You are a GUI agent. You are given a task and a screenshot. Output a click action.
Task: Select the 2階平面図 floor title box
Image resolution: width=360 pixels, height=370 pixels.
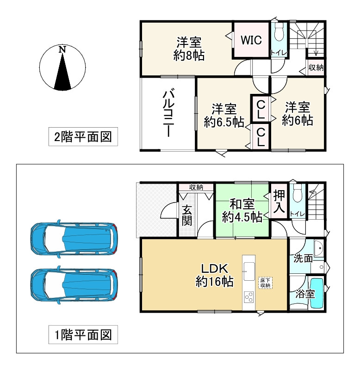83,137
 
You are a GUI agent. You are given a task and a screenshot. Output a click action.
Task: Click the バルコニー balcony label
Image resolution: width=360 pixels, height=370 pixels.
168,113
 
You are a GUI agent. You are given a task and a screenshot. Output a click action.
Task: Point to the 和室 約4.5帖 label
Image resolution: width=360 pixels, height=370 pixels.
241,210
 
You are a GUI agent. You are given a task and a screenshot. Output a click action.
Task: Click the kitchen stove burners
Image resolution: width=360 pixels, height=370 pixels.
249,296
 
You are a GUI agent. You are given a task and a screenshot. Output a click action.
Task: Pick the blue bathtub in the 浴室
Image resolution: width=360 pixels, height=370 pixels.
317,293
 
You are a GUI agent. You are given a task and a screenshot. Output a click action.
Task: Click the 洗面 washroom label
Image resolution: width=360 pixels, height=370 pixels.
303,258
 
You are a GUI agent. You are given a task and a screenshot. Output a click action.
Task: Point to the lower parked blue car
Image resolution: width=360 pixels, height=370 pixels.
73,285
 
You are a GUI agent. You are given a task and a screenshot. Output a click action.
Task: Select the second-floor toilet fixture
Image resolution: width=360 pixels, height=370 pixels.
279,35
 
